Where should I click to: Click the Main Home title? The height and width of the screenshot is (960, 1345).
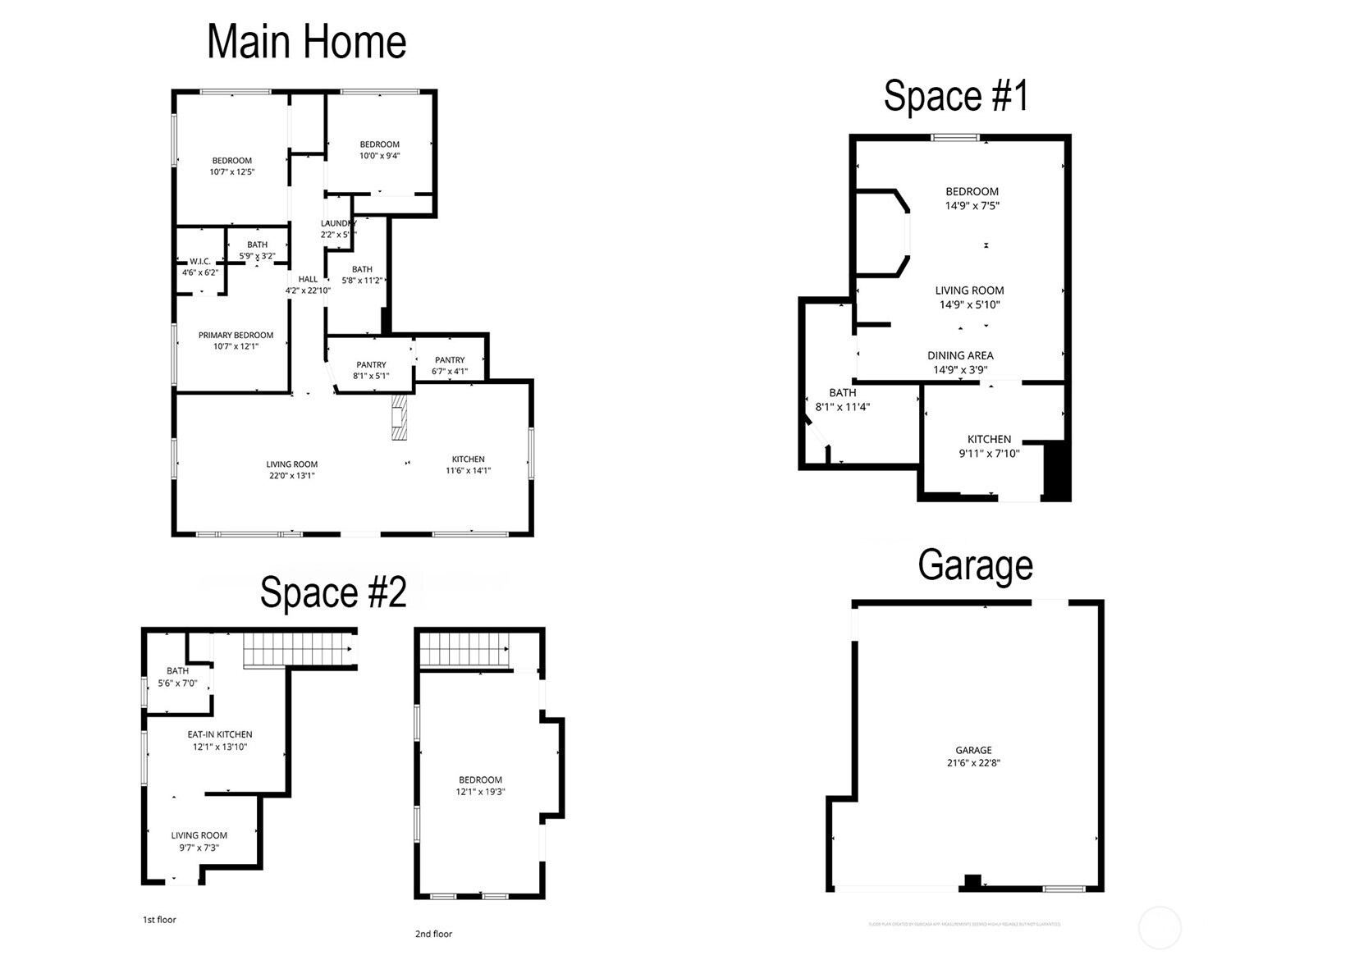point(306,43)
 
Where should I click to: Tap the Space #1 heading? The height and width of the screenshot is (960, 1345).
point(955,96)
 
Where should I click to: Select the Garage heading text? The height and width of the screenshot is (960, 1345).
point(975,565)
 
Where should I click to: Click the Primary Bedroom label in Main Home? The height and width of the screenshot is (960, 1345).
point(236,336)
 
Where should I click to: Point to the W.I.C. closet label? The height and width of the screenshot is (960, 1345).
point(200,262)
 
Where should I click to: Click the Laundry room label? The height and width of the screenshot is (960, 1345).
point(337,223)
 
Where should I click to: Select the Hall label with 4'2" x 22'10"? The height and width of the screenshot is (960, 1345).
point(308,285)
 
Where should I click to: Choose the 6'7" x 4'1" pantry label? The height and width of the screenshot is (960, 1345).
point(450,365)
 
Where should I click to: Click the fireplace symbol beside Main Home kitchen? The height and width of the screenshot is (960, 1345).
point(399,418)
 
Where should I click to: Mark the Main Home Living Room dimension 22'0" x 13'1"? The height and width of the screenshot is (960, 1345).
point(291,475)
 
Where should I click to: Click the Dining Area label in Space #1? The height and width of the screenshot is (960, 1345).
point(960,356)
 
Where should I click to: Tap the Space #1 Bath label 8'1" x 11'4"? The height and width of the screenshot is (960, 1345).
point(842,400)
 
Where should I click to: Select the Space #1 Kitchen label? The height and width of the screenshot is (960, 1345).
point(989,446)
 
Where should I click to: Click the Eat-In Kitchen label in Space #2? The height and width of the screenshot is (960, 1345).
point(219,740)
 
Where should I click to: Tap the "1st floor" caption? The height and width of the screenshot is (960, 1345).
point(159,920)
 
